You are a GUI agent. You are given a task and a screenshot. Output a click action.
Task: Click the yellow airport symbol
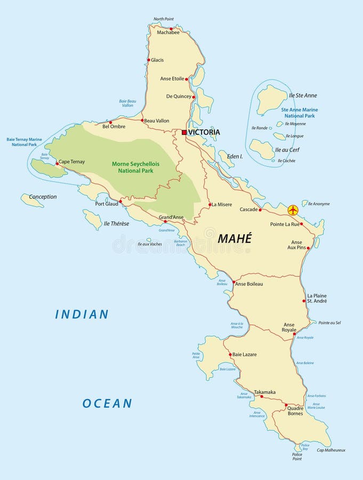[x=293, y=210]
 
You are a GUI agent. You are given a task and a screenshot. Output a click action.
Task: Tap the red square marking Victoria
[x=184, y=132]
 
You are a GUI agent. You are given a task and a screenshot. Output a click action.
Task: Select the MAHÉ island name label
[x=234, y=238]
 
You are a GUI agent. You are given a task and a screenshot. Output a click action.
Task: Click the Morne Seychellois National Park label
[x=132, y=167]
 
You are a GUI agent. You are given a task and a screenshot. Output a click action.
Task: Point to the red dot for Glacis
[x=148, y=60]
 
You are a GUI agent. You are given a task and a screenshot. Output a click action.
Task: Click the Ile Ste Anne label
[x=303, y=95]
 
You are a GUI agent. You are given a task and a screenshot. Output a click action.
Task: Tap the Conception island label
[x=43, y=197]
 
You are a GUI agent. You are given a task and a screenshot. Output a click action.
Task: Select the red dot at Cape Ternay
[x=57, y=164]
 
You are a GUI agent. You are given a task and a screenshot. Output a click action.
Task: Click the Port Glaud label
[x=107, y=204]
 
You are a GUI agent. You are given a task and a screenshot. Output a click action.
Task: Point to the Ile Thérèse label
[x=116, y=223]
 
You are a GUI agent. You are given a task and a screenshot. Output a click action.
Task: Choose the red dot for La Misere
[x=210, y=204]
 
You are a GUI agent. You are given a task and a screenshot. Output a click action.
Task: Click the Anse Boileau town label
[x=249, y=284]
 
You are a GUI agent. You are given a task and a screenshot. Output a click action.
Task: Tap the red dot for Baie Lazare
[x=230, y=355]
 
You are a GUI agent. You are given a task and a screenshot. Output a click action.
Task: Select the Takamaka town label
[x=265, y=392]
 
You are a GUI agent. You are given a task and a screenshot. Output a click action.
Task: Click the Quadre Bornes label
[x=295, y=411]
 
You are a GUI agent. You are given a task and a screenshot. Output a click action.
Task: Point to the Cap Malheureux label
[x=331, y=450]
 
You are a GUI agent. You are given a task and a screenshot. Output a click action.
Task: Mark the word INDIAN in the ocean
[x=82, y=315]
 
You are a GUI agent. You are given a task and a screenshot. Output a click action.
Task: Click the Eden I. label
[x=235, y=156]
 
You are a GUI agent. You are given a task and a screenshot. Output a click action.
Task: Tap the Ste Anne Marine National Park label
[x=300, y=113]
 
